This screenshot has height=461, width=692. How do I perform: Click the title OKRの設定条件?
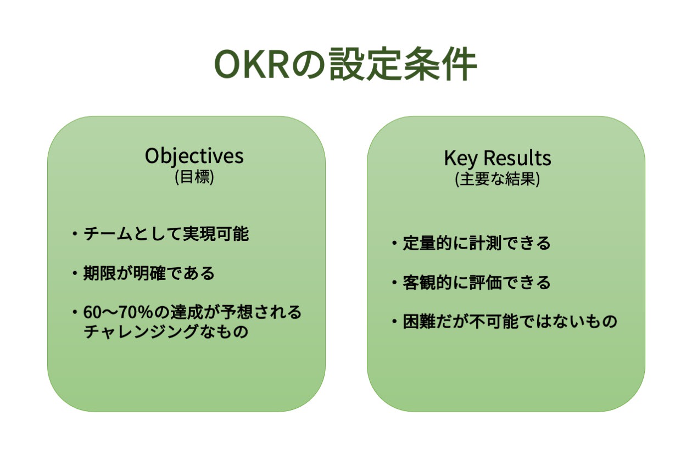coord(345,64)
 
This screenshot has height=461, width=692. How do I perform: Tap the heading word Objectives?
coord(194,156)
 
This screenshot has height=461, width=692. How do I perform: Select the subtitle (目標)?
coord(194,177)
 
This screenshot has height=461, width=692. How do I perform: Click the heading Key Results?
coord(498,159)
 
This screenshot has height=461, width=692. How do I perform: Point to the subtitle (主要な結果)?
coord(498,179)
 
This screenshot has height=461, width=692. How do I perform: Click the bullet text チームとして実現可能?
coord(166,233)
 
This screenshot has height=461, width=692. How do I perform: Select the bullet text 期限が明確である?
coord(149,273)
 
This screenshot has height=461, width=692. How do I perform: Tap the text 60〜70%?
coord(118,312)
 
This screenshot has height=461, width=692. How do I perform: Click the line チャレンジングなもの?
coord(166,331)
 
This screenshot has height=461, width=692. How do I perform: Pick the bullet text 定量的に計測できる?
coord(477,243)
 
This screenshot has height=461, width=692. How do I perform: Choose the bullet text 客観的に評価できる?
coord(477,282)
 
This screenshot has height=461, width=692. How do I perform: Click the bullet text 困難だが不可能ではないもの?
coord(510,322)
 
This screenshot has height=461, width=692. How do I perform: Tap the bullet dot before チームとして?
coord(75,234)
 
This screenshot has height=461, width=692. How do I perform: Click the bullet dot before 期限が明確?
coord(75,273)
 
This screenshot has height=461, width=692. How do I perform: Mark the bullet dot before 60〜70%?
coord(75,312)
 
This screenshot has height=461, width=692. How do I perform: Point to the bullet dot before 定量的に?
coord(394,243)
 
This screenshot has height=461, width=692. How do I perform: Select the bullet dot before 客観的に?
coord(394,283)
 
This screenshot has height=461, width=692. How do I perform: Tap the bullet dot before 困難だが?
coord(394,322)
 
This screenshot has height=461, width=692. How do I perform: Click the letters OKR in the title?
coord(252,65)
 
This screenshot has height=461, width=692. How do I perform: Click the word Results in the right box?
coord(517,158)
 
